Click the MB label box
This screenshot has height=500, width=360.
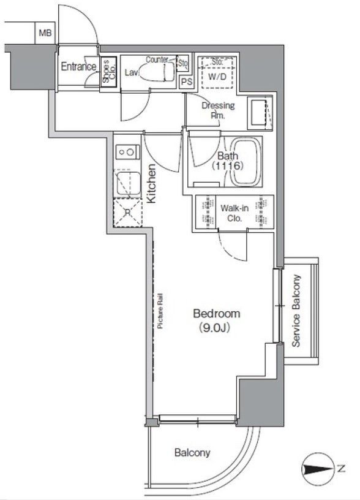point(45,32)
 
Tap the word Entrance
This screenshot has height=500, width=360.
point(78,67)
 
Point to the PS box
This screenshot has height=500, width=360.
point(187,82)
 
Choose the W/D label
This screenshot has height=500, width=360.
point(217,77)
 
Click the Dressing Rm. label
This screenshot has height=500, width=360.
point(218,110)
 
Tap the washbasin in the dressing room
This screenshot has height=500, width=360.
point(260,112)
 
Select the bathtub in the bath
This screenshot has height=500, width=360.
point(246,161)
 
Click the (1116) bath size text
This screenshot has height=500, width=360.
point(228,166)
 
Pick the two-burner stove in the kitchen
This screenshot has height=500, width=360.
point(127,151)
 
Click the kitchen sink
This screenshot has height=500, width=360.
point(128,184)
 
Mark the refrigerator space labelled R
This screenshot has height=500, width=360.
point(127,213)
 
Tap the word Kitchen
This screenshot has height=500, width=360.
point(151,183)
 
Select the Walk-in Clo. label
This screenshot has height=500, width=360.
point(235,213)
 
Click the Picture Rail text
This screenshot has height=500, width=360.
point(160,311)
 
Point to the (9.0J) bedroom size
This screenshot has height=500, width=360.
point(214,327)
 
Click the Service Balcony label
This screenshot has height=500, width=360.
point(296,311)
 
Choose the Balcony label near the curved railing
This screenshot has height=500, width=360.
point(192,452)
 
